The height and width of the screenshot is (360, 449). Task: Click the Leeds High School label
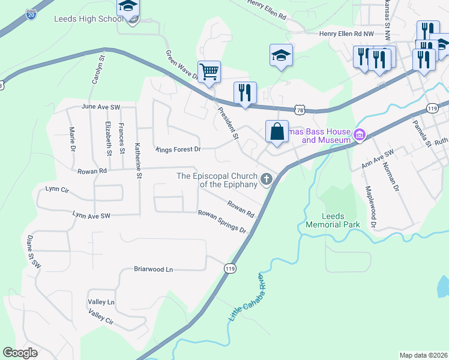pos(89,19)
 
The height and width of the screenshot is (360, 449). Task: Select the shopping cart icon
pos(209,72)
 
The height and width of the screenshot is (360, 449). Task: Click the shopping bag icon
pos(277,131)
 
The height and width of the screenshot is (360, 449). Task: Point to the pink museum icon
pos(360,134)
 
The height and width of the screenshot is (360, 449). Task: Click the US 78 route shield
pos(300,109)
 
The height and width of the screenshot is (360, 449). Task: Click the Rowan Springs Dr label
pos(222,221)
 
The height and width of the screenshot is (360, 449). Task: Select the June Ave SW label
pos(100,107)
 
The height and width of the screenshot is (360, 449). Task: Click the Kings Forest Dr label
pos(178,148)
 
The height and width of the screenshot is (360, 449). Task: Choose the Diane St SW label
pos(32,251)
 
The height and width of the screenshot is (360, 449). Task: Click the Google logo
pos(20,353)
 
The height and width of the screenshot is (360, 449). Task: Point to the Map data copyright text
pos(423,355)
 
